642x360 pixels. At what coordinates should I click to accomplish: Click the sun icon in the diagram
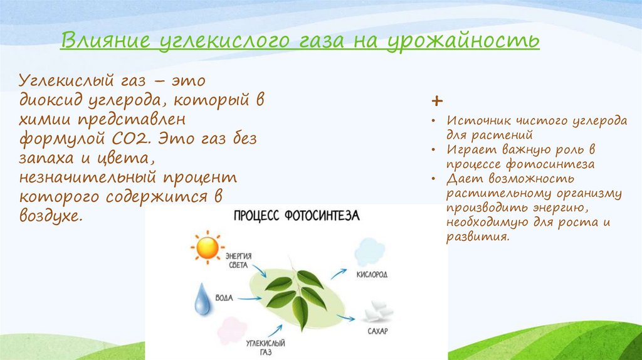(208, 247)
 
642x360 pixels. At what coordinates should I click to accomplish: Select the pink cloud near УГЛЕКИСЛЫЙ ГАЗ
(232, 330)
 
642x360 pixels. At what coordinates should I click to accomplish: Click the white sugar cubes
(379, 312)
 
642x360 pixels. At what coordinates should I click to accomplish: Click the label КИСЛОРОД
(372, 275)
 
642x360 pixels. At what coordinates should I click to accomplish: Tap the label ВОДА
(224, 298)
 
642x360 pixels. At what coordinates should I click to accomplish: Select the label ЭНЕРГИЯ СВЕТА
(238, 260)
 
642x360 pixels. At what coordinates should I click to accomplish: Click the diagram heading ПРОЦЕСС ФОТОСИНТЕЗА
(297, 215)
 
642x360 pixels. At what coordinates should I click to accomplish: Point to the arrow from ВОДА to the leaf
(250, 298)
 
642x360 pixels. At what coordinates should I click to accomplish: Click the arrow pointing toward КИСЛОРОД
(339, 273)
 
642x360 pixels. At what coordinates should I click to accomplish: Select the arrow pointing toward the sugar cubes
(346, 317)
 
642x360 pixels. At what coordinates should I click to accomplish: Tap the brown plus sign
(437, 101)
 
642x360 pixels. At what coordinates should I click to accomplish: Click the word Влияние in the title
(105, 41)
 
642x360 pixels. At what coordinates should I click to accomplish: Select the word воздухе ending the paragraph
(51, 216)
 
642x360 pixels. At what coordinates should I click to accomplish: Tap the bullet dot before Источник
(434, 121)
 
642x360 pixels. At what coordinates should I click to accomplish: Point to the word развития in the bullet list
(478, 236)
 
